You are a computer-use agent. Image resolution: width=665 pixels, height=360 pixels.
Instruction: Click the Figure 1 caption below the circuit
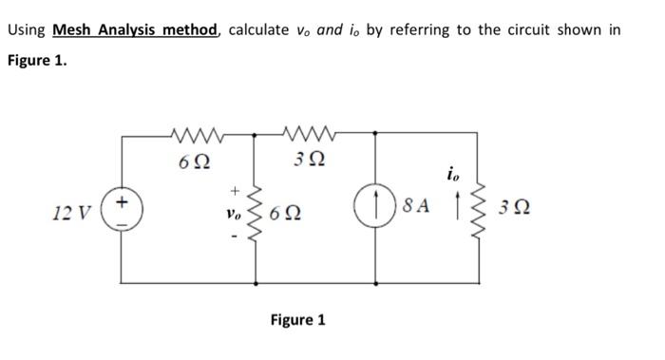[x=297, y=319]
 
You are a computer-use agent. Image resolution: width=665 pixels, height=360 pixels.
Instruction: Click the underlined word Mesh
[x=74, y=29]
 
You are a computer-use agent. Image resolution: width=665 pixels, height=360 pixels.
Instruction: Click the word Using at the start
[x=27, y=29]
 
